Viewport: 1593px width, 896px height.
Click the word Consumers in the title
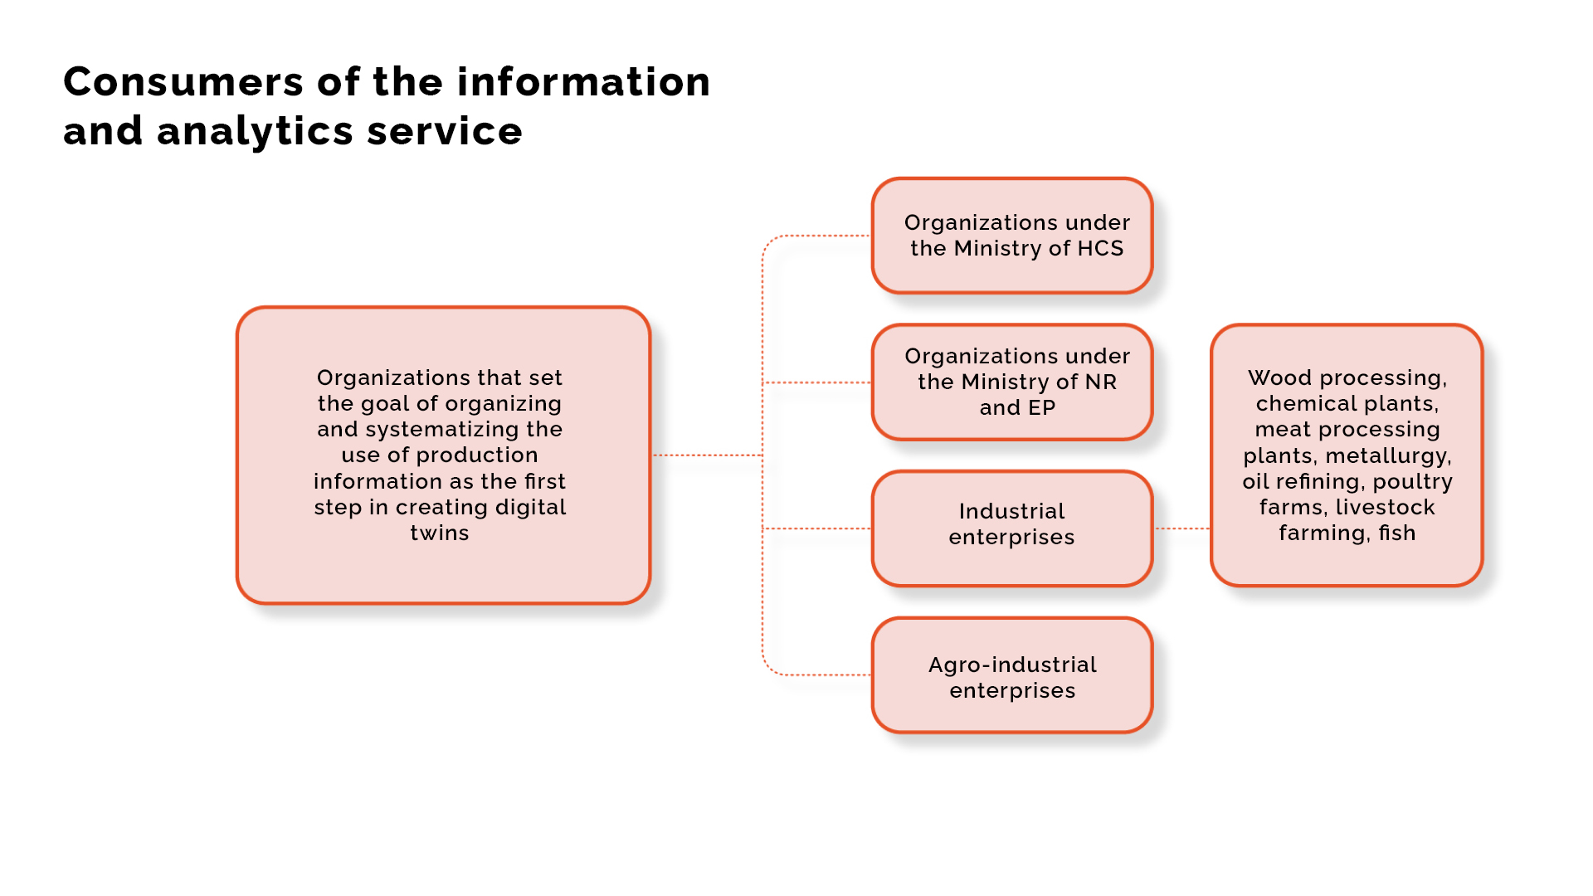coord(183,82)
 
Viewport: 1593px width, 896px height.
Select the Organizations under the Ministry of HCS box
coord(1012,236)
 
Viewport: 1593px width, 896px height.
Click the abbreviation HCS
coord(1100,248)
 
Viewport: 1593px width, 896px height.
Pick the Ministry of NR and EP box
coord(1012,382)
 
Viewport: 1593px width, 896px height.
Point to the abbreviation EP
coord(1042,407)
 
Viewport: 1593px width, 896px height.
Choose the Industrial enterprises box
coord(1012,528)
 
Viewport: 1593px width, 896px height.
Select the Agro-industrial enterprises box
coord(1012,675)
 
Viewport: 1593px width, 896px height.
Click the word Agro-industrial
coord(1012,665)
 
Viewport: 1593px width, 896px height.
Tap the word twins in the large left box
coord(440,533)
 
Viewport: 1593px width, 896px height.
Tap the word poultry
coord(1413,481)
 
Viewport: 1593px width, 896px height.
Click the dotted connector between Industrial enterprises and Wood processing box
coord(1182,528)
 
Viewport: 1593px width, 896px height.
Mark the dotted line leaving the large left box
coord(707,455)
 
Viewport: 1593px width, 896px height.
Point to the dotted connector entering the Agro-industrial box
coord(816,674)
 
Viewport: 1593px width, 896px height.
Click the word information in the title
coord(583,82)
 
